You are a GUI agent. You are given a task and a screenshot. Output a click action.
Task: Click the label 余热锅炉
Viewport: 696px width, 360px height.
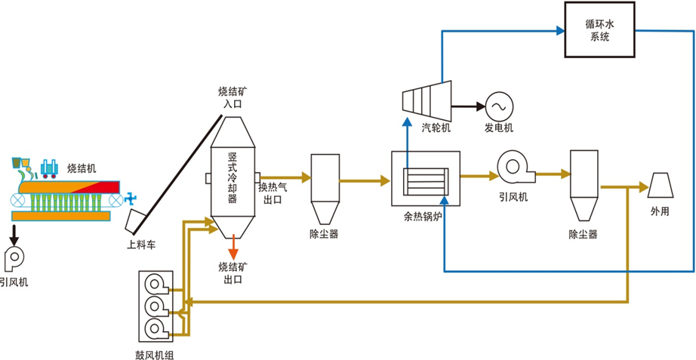coord(426,215)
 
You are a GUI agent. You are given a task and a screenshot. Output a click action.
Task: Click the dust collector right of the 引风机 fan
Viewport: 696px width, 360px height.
coord(584,186)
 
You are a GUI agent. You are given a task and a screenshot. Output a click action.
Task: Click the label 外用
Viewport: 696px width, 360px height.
coord(661,212)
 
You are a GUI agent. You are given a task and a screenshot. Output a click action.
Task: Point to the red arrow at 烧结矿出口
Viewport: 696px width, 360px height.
coord(234,245)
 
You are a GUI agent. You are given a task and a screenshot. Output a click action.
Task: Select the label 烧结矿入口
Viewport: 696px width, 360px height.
coord(233,97)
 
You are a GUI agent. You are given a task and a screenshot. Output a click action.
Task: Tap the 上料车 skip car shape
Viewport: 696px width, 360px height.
coord(137,220)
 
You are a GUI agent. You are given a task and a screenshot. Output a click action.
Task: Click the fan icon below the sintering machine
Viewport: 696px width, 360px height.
coord(15,257)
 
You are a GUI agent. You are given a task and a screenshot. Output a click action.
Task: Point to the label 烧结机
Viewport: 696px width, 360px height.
coord(82,168)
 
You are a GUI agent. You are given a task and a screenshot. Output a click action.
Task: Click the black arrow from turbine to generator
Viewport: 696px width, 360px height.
coord(467,106)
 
